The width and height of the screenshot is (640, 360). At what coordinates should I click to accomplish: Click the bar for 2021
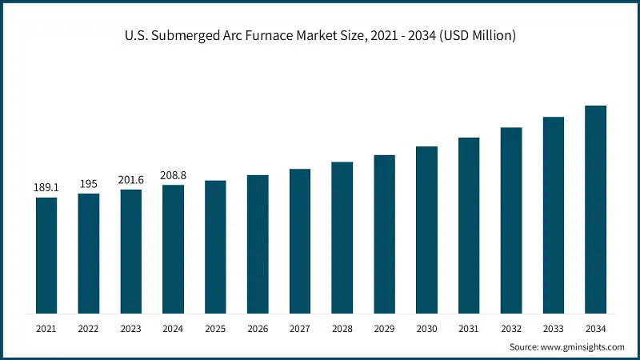[46, 255]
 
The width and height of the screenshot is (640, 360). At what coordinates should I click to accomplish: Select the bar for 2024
[173, 249]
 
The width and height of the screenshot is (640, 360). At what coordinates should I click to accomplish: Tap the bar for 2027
[300, 241]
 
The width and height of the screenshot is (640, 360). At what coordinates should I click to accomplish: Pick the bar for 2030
[426, 230]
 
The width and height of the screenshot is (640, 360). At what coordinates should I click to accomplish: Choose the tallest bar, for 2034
[595, 209]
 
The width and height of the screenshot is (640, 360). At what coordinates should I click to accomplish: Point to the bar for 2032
[511, 220]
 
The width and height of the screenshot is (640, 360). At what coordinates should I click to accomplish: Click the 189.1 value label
[46, 187]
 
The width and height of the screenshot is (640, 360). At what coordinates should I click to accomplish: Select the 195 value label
[89, 184]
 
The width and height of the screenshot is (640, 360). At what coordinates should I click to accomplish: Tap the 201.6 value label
[131, 180]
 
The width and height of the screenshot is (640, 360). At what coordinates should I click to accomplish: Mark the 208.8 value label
[173, 175]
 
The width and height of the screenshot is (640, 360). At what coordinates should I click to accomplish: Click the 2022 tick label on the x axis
[89, 328]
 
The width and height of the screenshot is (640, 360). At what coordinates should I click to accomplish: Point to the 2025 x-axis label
[215, 328]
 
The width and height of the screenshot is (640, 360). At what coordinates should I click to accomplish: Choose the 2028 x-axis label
[342, 328]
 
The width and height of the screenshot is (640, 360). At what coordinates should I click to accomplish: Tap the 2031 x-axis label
[469, 328]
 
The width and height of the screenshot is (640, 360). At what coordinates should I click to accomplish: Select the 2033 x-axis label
[554, 328]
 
